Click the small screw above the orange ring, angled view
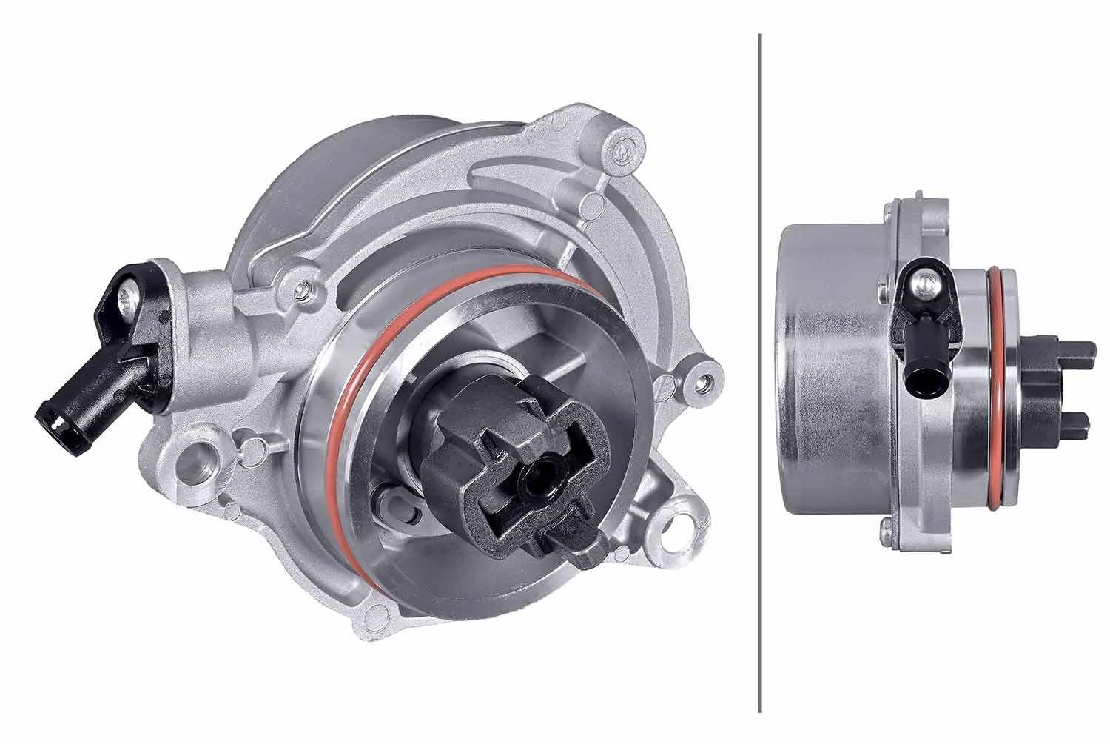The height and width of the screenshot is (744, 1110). pyautogui.click(x=304, y=289)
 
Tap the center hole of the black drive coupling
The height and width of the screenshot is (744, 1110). pyautogui.click(x=538, y=484)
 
